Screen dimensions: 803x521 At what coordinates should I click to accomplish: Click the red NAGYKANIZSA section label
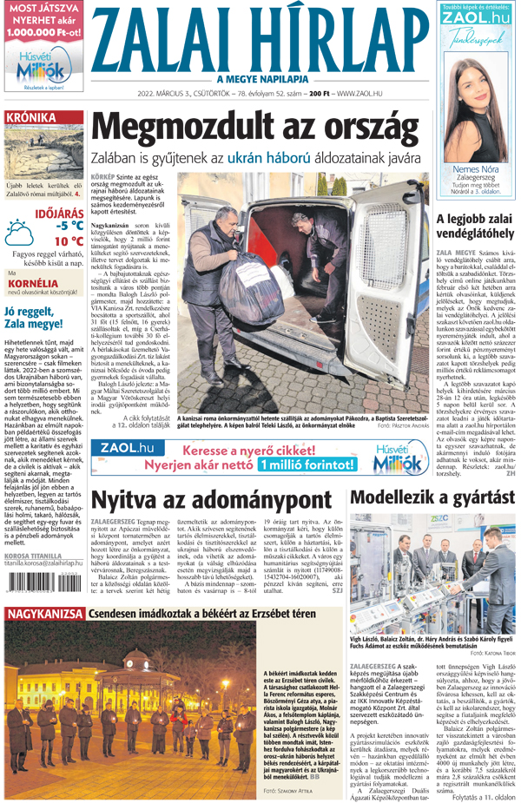[x=43, y=615]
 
